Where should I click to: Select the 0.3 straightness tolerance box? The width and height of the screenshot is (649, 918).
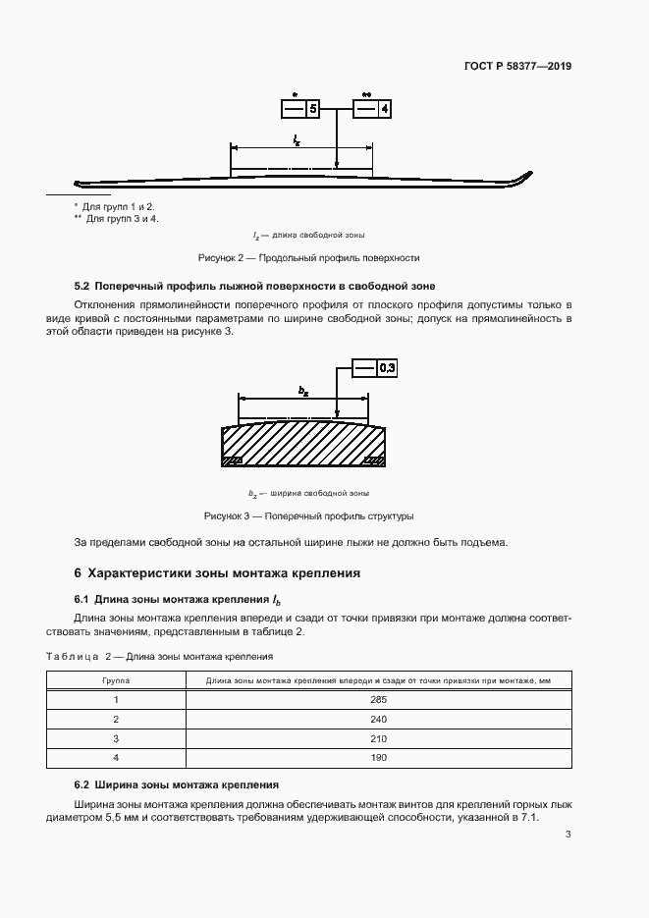(x=376, y=368)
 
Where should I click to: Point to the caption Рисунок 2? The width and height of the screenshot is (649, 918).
(x=308, y=257)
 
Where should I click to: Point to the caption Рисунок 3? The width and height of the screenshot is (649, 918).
(x=308, y=515)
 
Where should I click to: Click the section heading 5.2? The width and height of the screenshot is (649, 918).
(x=254, y=286)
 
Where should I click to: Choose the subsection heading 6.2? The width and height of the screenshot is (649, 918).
(x=177, y=785)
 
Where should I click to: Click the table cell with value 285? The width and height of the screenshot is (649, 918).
(x=379, y=699)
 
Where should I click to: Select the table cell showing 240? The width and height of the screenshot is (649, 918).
(x=379, y=719)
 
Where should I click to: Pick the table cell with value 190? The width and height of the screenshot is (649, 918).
(x=379, y=757)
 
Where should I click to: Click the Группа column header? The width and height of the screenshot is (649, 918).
(x=116, y=679)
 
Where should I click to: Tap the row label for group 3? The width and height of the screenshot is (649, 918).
(x=116, y=738)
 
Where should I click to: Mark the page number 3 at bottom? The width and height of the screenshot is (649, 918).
(x=568, y=835)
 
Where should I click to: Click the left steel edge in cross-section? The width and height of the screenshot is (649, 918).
(x=233, y=459)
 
